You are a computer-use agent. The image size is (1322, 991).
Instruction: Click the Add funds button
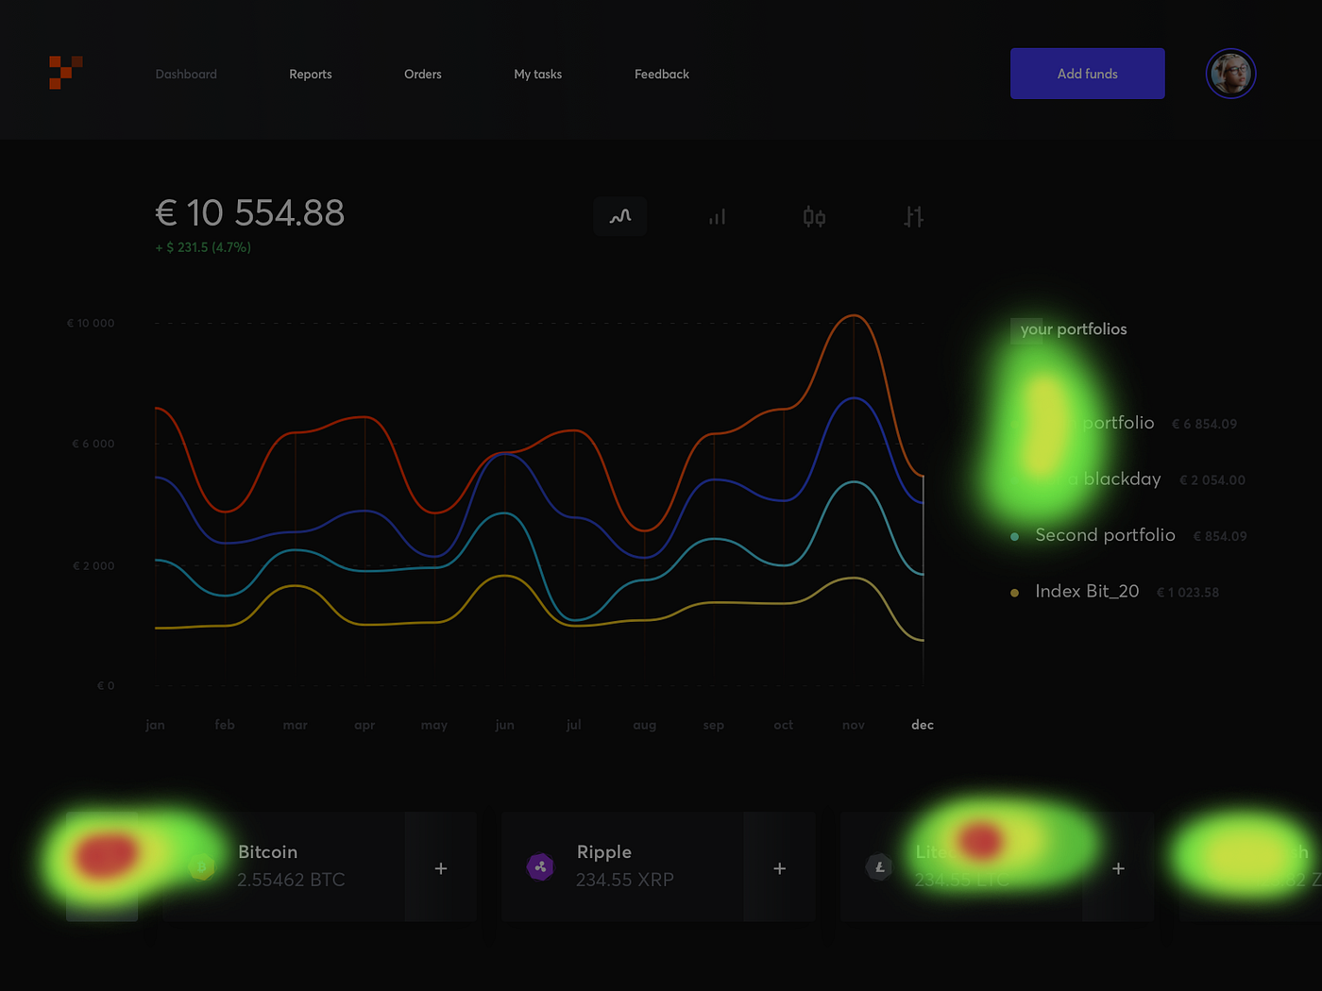coord(1087,74)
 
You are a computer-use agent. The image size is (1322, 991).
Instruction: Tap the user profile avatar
coord(1230,74)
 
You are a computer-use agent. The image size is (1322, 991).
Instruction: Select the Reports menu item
coord(310,75)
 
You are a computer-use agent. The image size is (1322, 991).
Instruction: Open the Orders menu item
coord(422,75)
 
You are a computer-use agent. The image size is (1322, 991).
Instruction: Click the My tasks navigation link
coord(537,75)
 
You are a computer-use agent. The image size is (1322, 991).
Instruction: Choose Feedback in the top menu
coord(661,75)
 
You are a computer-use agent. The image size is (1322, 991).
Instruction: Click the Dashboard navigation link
coord(186,75)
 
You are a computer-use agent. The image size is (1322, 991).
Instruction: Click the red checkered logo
coord(65,73)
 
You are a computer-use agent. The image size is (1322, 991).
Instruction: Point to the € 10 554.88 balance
coord(249,213)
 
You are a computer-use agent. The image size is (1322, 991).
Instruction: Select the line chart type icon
coord(620,217)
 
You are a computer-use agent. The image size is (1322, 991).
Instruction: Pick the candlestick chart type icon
coord(814,217)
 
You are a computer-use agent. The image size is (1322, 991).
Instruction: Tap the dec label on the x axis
coord(922,725)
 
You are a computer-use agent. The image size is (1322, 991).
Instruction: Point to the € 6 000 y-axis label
coord(93,444)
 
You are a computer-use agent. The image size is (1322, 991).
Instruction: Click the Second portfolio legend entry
coord(1105,535)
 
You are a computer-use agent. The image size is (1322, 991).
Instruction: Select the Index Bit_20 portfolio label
coord(1087,591)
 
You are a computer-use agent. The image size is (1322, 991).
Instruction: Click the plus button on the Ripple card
coord(779,868)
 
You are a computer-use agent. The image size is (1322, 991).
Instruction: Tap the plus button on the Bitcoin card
coord(441,868)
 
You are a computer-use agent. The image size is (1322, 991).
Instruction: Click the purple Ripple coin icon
coord(540,866)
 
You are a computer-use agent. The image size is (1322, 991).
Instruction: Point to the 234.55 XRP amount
coord(624,880)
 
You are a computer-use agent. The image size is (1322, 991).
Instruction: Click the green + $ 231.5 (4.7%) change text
coord(203,247)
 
